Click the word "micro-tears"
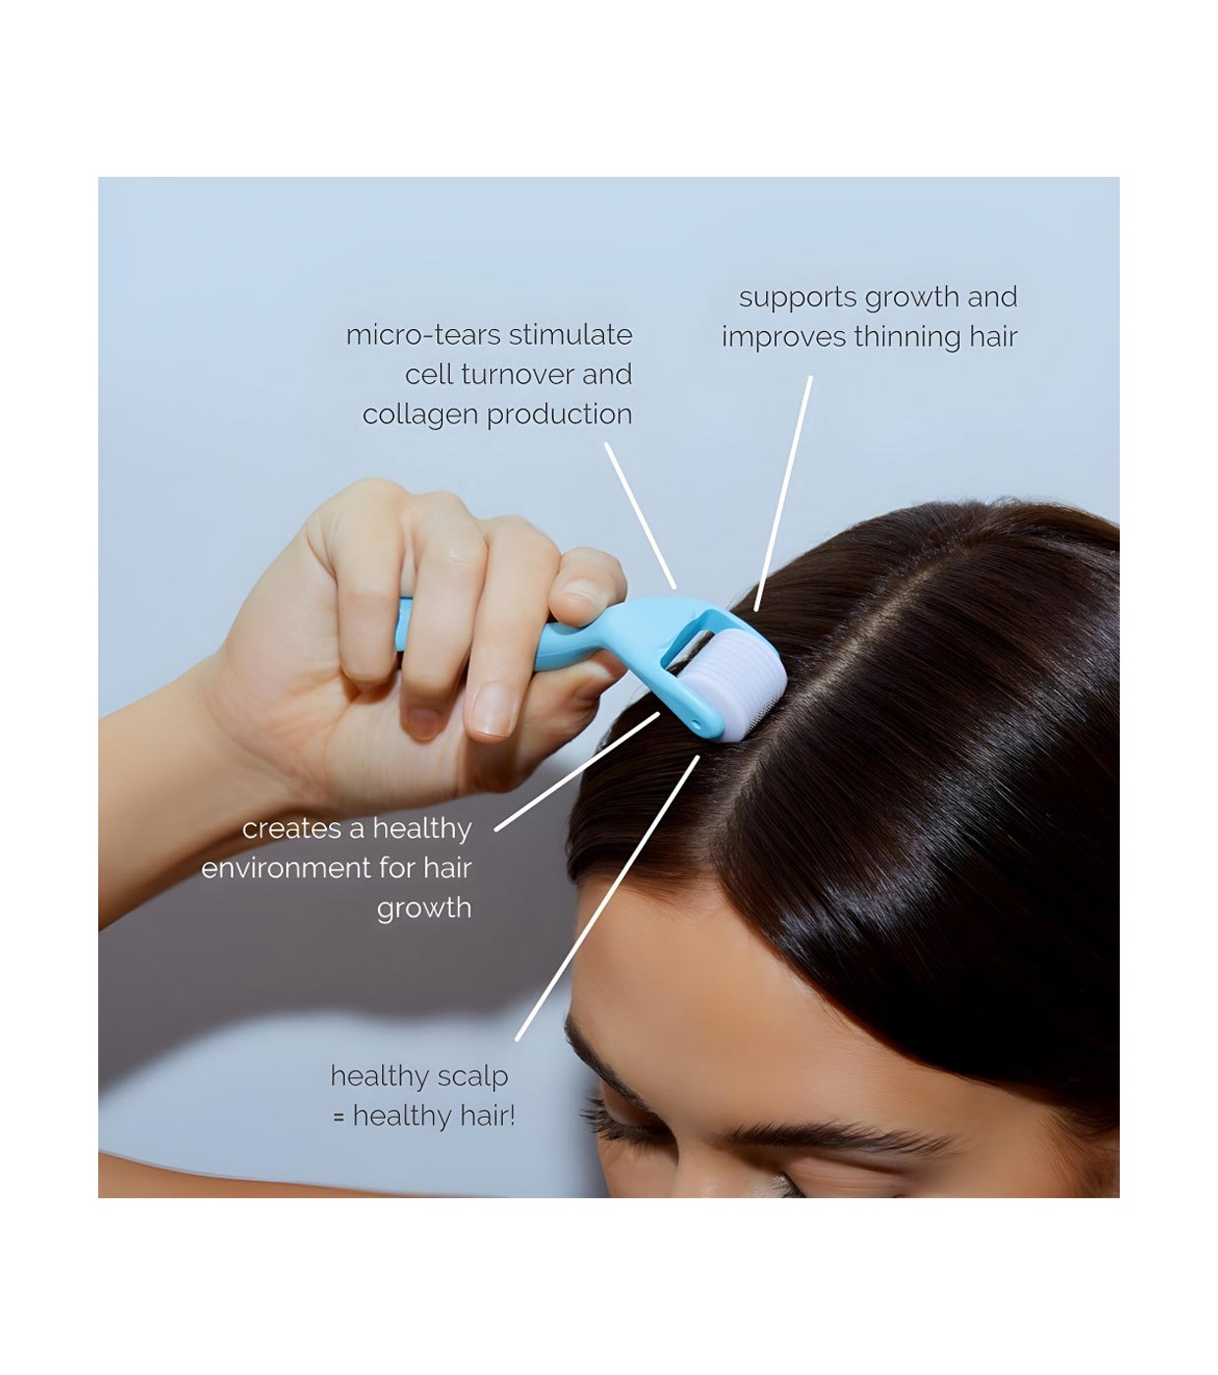click(x=423, y=335)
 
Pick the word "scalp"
click(x=471, y=1077)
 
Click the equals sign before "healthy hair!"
click(x=339, y=1117)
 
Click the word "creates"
click(x=292, y=829)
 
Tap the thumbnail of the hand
click(x=494, y=710)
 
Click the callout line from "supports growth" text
click(x=783, y=493)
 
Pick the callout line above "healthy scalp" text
click(x=607, y=898)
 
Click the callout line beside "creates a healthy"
click(x=578, y=771)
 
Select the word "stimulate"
click(x=571, y=335)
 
